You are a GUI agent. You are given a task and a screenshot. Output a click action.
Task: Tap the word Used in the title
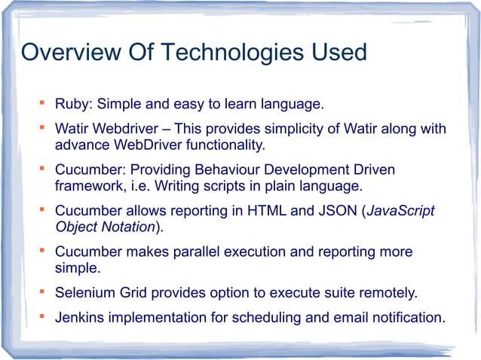pos(335,53)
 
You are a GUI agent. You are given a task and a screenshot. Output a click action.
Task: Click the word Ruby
pos(72,102)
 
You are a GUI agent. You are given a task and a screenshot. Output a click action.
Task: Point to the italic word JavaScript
pos(400,212)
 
